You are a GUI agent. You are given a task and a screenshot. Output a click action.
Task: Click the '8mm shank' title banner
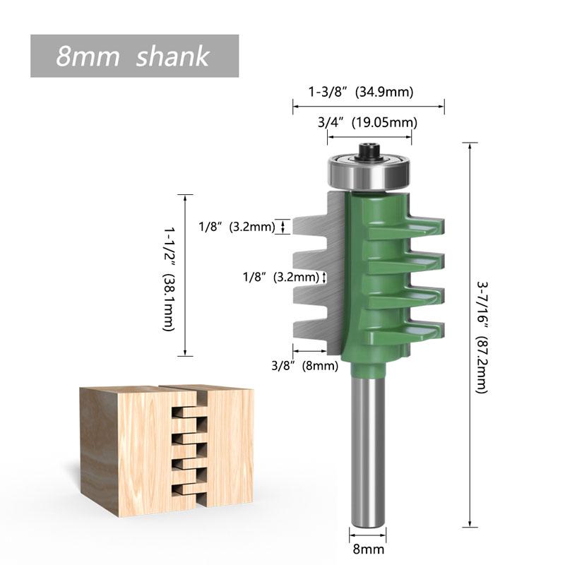pos(134,56)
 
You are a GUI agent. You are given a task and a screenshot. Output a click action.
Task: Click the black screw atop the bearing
pos(368,150)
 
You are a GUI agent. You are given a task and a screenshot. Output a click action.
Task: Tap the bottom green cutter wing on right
pos(417,330)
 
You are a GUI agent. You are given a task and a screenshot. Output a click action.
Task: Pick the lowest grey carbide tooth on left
pos(309,329)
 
